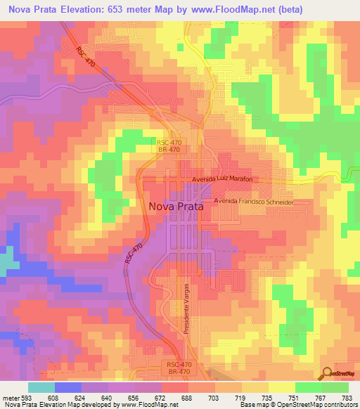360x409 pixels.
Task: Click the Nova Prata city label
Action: [x=176, y=207]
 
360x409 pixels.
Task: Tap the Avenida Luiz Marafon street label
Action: [x=218, y=179]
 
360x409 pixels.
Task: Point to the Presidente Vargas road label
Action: [x=188, y=310]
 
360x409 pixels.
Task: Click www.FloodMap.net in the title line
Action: [x=237, y=10]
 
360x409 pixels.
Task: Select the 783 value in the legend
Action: [x=349, y=398]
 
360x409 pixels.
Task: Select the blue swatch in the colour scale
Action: [x=67, y=387]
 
